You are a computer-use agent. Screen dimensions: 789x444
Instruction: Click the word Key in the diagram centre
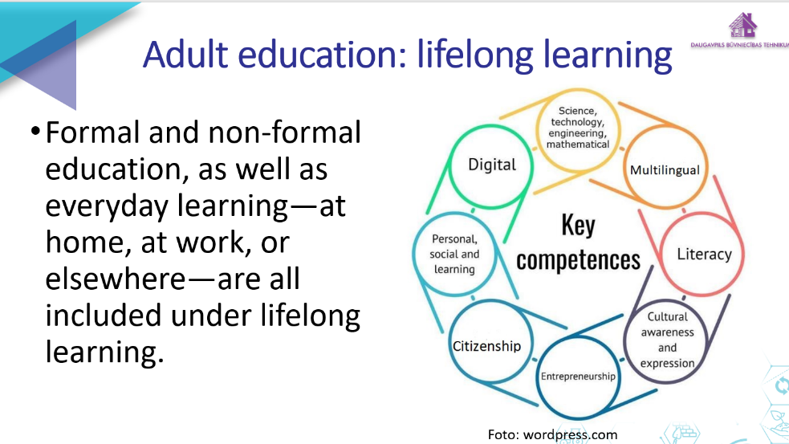pyautogui.click(x=578, y=225)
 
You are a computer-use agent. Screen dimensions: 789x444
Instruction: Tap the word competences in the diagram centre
pyautogui.click(x=578, y=261)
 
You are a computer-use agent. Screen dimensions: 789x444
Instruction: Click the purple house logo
pyautogui.click(x=742, y=25)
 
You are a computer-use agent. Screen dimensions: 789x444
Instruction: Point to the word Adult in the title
pyautogui.click(x=185, y=55)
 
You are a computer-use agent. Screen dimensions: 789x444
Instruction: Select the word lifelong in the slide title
pyautogui.click(x=474, y=56)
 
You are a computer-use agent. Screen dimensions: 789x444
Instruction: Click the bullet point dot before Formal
pyautogui.click(x=35, y=132)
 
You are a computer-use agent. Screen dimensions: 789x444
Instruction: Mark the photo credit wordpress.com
pyautogui.click(x=570, y=435)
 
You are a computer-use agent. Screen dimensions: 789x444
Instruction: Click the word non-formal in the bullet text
pyautogui.click(x=284, y=132)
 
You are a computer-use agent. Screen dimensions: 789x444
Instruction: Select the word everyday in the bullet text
pyautogui.click(x=107, y=207)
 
